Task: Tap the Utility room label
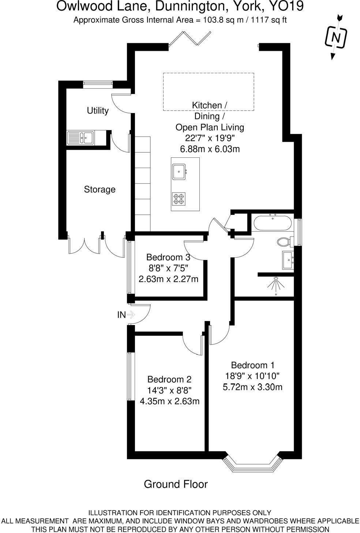click(97, 111)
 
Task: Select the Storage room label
click(100, 189)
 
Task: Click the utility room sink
click(80, 138)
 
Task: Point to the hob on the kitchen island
click(178, 199)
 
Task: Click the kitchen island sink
click(179, 171)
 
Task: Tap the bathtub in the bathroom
click(272, 223)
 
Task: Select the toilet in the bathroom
click(284, 242)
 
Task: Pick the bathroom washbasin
click(288, 260)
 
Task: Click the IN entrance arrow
click(131, 314)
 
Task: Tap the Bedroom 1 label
click(252, 365)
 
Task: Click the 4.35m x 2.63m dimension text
click(170, 401)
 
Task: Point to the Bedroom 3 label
click(168, 257)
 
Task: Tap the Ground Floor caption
click(176, 484)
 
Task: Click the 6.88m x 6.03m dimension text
click(210, 149)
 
